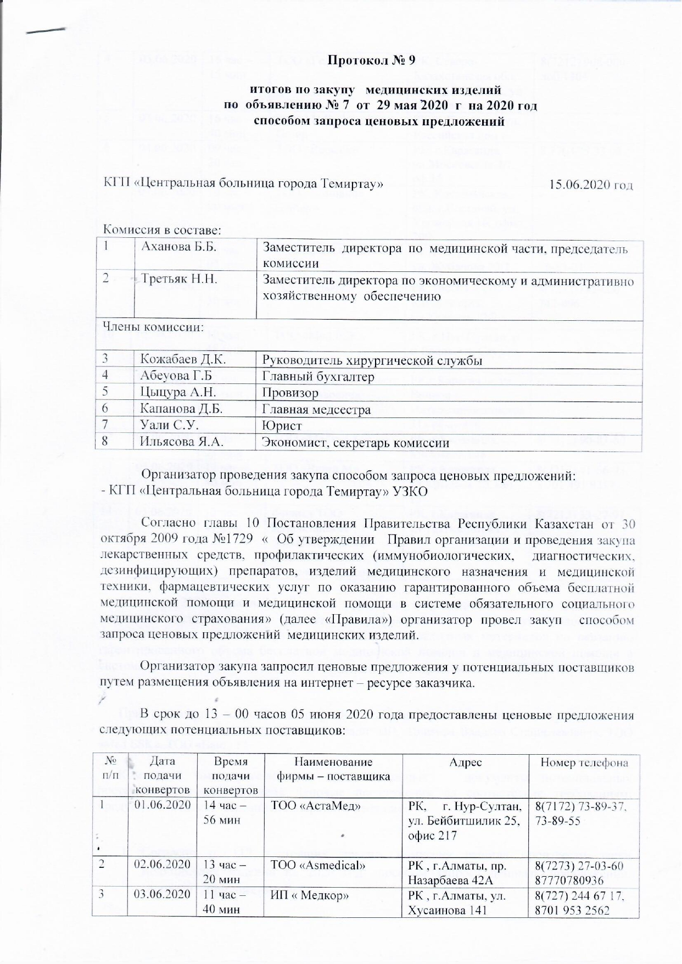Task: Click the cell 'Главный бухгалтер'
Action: click(318, 376)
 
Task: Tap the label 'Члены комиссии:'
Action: click(154, 327)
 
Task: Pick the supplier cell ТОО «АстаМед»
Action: click(316, 806)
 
